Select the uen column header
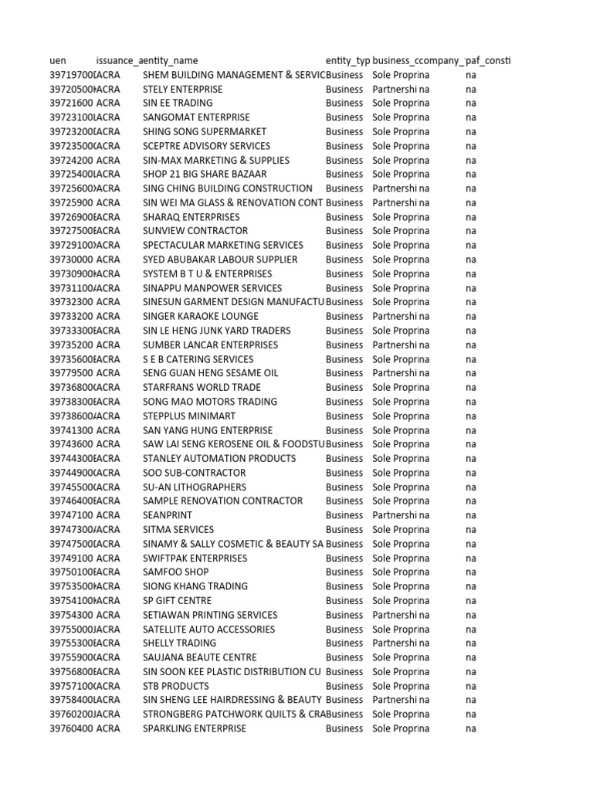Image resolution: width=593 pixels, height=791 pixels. point(58,60)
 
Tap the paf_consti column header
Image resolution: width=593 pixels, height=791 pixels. point(487,60)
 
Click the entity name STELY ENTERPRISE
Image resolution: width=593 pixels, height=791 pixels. point(183,89)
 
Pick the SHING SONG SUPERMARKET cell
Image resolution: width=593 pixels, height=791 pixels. point(205,131)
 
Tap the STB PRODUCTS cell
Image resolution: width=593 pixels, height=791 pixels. point(176,685)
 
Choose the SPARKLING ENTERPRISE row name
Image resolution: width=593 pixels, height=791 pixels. point(195,728)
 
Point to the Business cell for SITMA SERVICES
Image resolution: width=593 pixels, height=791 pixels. point(344,529)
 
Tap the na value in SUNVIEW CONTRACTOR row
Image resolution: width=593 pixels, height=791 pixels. point(471,230)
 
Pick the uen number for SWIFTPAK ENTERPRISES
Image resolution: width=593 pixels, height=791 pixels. point(71,558)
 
